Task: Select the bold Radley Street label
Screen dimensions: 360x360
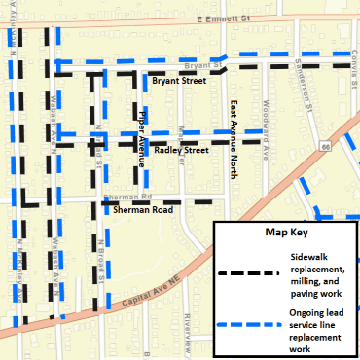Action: click(182, 151)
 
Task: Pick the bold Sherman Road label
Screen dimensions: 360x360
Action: click(142, 209)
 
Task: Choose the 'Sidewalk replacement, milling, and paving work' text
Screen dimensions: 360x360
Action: click(317, 271)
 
